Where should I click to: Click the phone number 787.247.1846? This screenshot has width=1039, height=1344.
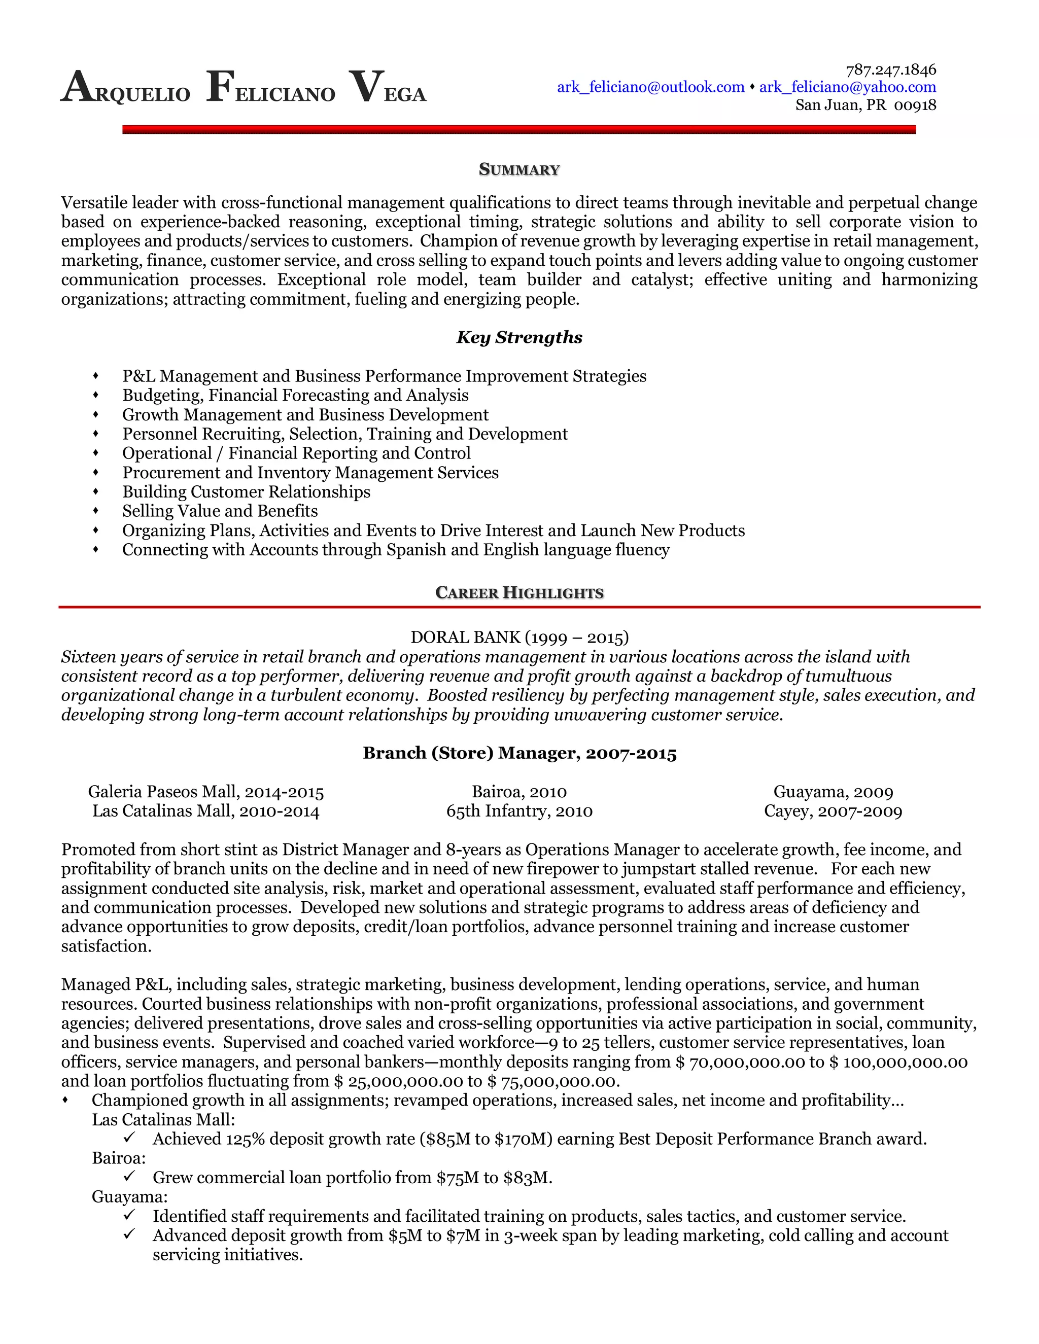(891, 69)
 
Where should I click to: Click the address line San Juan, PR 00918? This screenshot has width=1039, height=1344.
(865, 105)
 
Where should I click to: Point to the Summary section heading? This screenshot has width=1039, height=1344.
(519, 170)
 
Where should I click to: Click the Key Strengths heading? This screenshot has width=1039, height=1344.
(519, 337)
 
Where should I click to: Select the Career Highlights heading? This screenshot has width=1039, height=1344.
(519, 592)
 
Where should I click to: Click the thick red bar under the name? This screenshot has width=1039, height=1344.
(519, 129)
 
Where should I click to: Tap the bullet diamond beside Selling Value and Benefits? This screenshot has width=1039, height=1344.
(95, 511)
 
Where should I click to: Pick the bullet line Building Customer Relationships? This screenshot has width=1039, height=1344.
(246, 491)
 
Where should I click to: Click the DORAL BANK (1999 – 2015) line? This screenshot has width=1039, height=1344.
(519, 637)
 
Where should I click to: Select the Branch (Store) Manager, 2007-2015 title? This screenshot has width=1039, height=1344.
(519, 753)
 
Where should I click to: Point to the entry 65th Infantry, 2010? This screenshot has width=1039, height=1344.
(519, 811)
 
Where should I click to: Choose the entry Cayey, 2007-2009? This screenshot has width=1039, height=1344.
(833, 811)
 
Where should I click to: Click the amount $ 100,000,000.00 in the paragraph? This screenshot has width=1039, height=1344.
(898, 1062)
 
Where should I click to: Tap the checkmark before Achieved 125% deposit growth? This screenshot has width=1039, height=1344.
(129, 1138)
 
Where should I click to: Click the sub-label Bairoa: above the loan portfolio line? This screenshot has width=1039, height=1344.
(119, 1158)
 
